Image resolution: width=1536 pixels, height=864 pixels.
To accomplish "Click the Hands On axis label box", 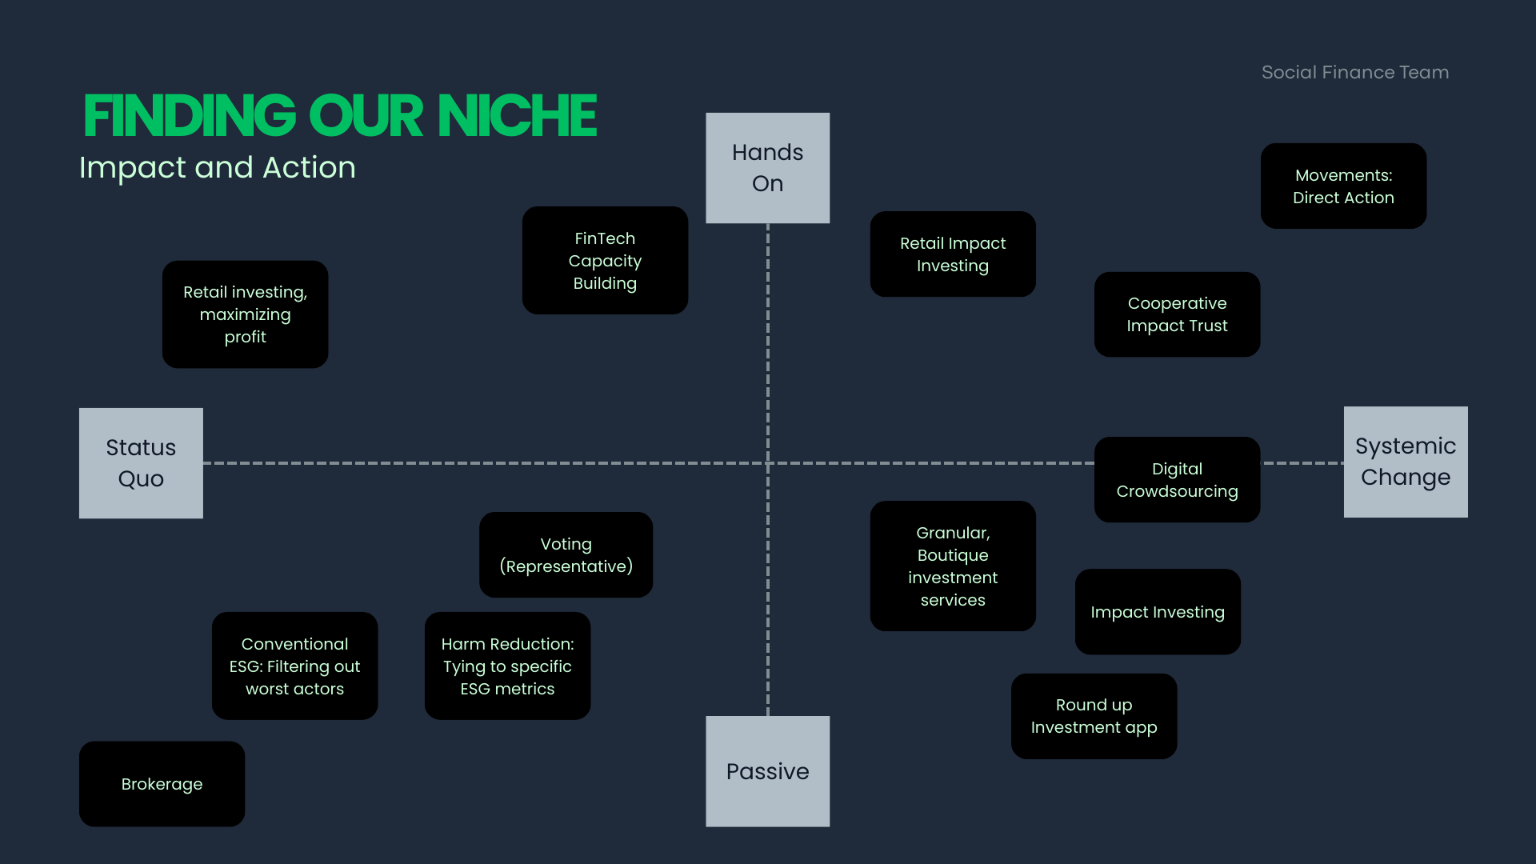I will (767, 168).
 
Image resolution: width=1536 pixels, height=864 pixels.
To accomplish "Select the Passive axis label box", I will (767, 771).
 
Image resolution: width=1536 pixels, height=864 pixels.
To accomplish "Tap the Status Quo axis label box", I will (141, 463).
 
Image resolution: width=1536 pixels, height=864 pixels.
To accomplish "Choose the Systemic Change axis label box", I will (1405, 462).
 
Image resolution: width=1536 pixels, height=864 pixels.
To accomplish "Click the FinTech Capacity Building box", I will (605, 261).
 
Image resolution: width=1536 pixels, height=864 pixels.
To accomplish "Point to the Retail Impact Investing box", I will (953, 254).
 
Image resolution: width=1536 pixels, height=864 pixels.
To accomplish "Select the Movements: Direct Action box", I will (1343, 186).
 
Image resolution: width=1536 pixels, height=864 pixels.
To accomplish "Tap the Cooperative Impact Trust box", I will (1177, 314).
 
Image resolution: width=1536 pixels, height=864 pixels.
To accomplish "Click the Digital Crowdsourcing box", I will (1177, 480).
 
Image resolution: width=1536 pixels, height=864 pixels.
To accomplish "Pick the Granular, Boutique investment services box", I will (953, 566).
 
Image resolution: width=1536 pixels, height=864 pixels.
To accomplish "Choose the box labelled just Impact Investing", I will (1158, 612).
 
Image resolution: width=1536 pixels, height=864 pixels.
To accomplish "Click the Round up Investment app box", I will (1094, 716).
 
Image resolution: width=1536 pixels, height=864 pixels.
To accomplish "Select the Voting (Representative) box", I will (566, 555).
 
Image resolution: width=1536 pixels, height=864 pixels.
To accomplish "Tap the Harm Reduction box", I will (507, 666).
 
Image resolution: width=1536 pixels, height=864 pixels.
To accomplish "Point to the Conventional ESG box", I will (294, 666).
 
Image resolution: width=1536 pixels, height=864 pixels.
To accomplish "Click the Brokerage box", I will (162, 784).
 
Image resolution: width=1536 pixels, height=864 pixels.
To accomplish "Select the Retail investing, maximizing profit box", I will (245, 314).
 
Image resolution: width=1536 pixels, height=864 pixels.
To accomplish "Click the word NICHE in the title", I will (517, 117).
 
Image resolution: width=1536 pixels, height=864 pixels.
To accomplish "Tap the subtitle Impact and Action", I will (218, 168).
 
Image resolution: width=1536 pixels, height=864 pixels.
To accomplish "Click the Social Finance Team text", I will (1354, 73).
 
